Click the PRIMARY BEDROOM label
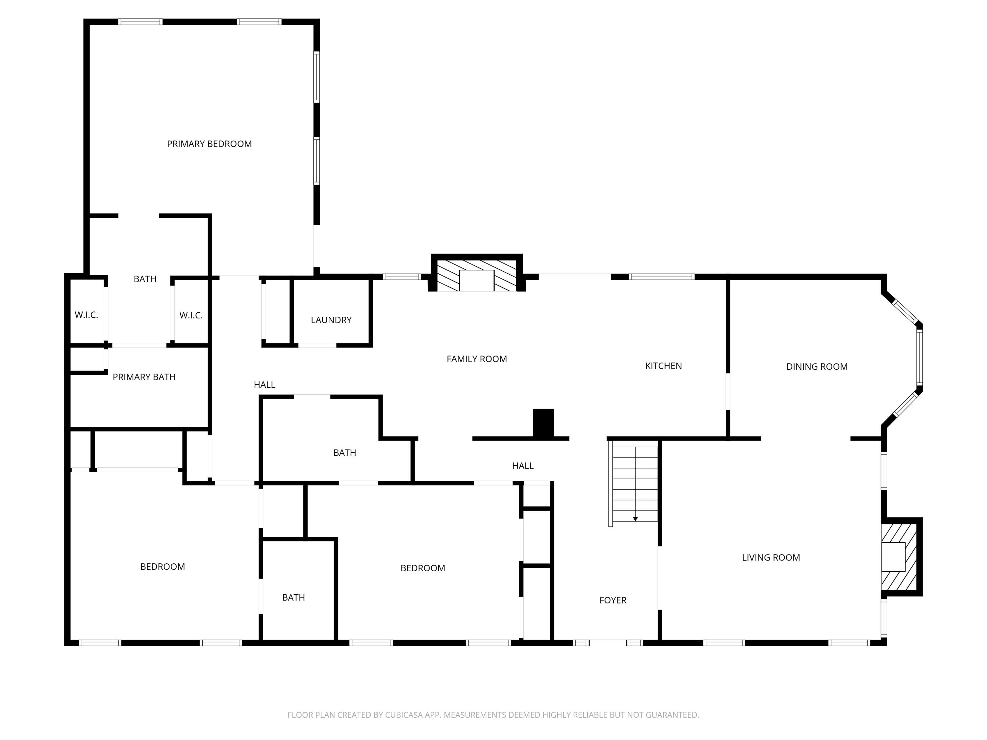click(x=209, y=144)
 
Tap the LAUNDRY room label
click(x=331, y=320)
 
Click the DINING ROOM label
click(x=817, y=367)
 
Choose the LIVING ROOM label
click(x=771, y=557)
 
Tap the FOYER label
click(x=613, y=600)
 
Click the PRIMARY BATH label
click(x=144, y=377)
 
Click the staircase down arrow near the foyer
click(x=635, y=519)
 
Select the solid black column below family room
click(x=543, y=423)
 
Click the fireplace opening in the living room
click(x=893, y=557)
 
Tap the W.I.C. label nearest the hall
click(x=191, y=316)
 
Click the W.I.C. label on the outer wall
click(x=86, y=315)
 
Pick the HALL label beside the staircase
click(x=522, y=466)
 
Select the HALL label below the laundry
click(x=264, y=385)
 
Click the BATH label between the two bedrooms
click(x=293, y=598)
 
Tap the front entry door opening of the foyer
click(x=607, y=643)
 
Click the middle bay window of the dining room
click(x=919, y=357)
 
